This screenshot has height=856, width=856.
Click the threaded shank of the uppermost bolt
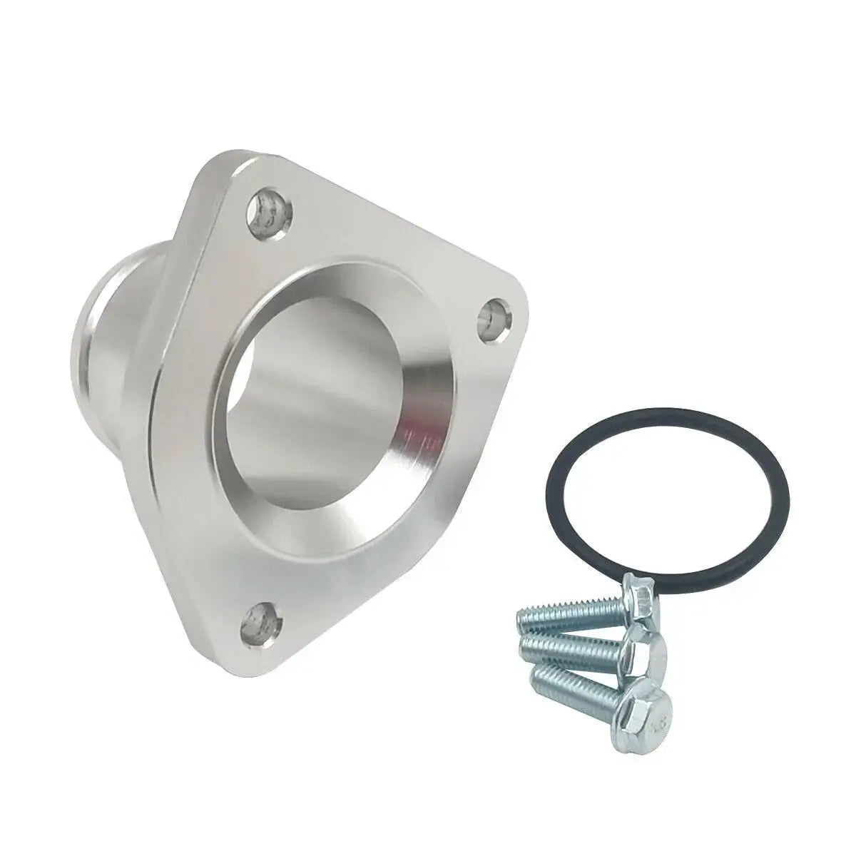571,609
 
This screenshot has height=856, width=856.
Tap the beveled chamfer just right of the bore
428,399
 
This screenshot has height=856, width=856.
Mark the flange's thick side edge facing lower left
193,571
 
